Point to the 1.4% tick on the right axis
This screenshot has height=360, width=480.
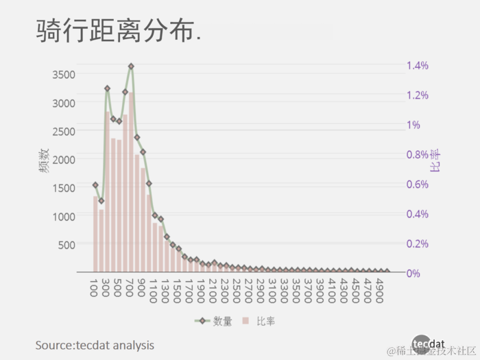418,66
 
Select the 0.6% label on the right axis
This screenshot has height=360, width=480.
418,184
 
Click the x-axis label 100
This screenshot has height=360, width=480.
93,286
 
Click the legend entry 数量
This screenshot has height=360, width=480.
214,321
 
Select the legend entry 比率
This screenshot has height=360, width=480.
261,321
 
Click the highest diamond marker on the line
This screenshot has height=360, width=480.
131,67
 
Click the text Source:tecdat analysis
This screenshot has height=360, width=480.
95,344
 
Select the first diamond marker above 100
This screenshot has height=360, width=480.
95,185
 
